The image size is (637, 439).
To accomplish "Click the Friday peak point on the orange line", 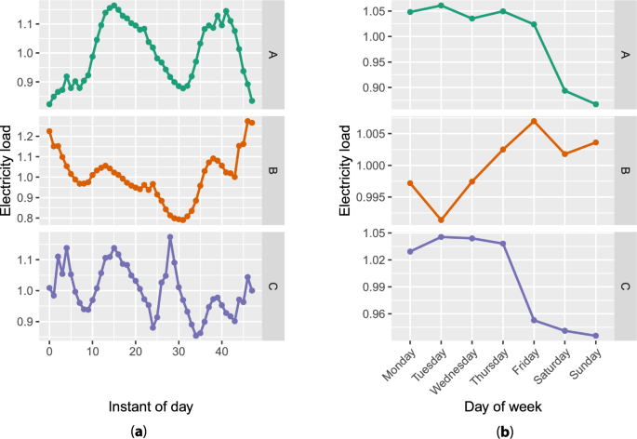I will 560,121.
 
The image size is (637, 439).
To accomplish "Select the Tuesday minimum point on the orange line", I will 441,219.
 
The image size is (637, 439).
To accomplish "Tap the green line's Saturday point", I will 564,90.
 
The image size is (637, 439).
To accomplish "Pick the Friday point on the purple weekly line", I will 560,320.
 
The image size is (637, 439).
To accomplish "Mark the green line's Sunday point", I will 595,104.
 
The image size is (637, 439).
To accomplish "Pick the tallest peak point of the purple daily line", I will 170,237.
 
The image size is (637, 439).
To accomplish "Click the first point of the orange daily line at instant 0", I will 49,131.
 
